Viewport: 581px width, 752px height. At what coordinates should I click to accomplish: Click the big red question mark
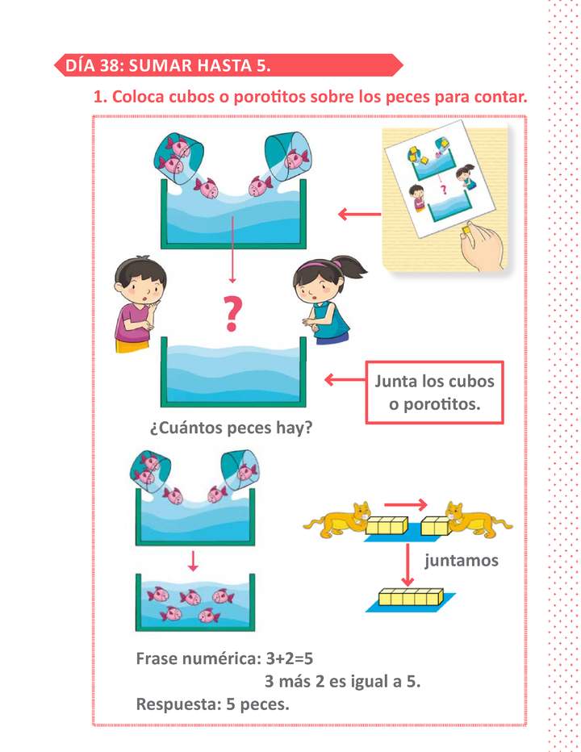pos(232,314)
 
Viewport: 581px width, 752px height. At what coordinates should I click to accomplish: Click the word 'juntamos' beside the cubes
pos(461,560)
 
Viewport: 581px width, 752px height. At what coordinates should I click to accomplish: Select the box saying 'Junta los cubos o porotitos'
pos(435,392)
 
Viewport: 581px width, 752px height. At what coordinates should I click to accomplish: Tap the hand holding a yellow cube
pos(481,247)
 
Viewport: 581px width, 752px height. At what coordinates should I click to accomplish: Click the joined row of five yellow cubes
pos(412,597)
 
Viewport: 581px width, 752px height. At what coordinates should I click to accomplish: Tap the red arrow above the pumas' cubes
pos(405,504)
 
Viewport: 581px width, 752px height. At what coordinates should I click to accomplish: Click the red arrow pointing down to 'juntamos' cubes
pos(408,565)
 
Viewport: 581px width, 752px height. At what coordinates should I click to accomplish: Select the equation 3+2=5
pos(290,658)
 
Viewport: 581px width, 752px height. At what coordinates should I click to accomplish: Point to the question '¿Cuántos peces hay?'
pos(231,428)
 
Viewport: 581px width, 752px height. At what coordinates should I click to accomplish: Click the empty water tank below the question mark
pos(233,372)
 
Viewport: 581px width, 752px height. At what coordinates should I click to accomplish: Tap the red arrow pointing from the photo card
pos(359,214)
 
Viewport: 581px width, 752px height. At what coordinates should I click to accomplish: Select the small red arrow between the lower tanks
pos(193,561)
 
